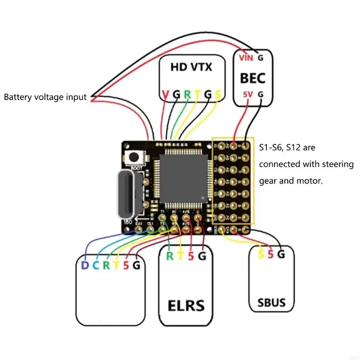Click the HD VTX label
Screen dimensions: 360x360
(191, 67)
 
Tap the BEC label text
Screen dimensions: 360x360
(252, 78)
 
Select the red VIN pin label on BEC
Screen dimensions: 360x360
(246, 58)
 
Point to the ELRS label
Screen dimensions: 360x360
(186, 306)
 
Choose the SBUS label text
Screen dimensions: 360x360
(272, 302)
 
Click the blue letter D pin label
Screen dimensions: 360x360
(84, 265)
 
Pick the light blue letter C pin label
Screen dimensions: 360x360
(95, 265)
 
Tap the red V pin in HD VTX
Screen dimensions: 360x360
(165, 95)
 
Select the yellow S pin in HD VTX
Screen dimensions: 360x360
(218, 95)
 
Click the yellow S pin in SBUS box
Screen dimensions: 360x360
(261, 255)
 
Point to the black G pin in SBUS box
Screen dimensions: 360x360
(281, 255)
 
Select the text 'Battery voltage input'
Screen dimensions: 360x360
(45, 97)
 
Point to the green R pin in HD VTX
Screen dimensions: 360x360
(187, 95)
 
